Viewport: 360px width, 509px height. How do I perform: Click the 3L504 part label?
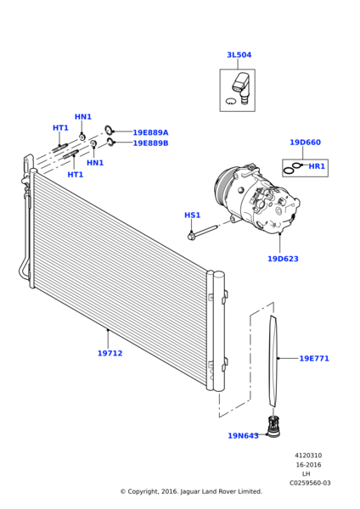(239, 55)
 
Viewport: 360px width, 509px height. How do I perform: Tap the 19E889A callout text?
(150, 133)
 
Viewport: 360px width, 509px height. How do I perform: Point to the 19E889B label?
(150, 143)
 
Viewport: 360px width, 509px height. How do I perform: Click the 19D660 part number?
(305, 143)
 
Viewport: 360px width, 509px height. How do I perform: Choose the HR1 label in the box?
(317, 166)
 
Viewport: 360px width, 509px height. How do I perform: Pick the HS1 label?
(193, 215)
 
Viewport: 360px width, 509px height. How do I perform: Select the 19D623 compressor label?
(283, 259)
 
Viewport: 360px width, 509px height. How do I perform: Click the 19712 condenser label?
(110, 353)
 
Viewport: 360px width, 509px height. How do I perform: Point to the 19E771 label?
(313, 359)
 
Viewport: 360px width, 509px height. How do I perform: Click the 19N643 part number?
(243, 436)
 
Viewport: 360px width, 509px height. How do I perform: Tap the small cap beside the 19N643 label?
(273, 428)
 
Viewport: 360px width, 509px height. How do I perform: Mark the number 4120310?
(308, 456)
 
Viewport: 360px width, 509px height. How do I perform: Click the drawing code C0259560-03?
(310, 483)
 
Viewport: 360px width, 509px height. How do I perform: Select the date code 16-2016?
(308, 465)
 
